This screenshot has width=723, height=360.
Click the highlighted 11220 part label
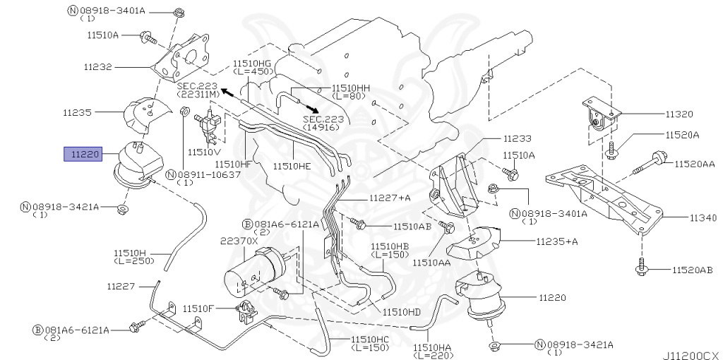click(x=83, y=153)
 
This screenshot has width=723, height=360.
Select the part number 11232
click(x=97, y=67)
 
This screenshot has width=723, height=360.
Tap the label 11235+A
click(x=556, y=241)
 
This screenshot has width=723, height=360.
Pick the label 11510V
click(x=204, y=152)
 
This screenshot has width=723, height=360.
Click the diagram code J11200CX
click(x=690, y=355)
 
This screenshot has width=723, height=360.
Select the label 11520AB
click(x=693, y=270)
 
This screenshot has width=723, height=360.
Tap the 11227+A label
click(x=390, y=198)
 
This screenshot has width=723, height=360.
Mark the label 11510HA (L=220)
click(x=434, y=352)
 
